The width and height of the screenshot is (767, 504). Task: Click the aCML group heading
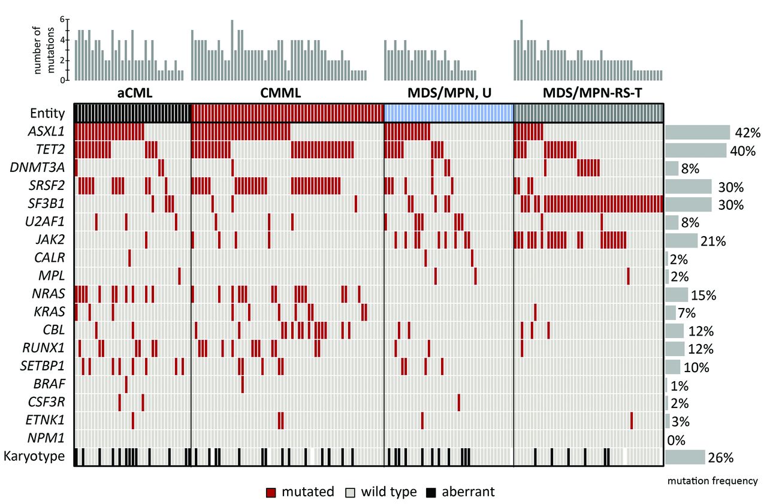point(132,94)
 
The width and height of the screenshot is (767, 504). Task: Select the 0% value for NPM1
point(676,439)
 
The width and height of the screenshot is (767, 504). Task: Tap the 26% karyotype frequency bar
point(685,457)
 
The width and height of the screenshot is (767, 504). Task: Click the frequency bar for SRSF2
point(688,186)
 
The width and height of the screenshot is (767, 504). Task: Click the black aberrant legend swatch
point(431,493)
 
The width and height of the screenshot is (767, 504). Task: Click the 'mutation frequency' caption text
point(712,481)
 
